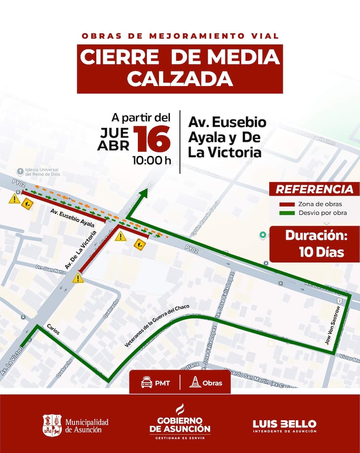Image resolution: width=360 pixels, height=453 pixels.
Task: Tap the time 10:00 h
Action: point(151,161)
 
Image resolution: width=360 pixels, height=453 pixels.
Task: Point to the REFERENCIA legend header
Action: point(314,190)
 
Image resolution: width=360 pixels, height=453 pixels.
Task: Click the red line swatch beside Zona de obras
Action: point(287,204)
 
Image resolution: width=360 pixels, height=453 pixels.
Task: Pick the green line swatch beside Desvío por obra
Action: point(287,213)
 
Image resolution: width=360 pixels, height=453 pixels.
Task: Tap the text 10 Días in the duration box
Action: point(321,252)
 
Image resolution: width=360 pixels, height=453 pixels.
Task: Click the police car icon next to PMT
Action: point(147,383)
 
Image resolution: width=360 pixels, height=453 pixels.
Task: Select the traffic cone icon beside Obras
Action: point(194,382)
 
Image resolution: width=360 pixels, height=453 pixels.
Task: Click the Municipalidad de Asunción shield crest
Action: point(52,425)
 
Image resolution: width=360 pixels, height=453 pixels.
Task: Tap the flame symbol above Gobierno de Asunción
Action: point(180,409)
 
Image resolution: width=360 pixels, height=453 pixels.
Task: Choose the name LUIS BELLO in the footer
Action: point(284,424)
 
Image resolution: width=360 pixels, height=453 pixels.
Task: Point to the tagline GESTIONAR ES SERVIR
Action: point(180,438)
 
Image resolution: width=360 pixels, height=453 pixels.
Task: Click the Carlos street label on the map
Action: point(53,329)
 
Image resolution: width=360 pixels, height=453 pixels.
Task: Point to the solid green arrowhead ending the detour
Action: point(143,193)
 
